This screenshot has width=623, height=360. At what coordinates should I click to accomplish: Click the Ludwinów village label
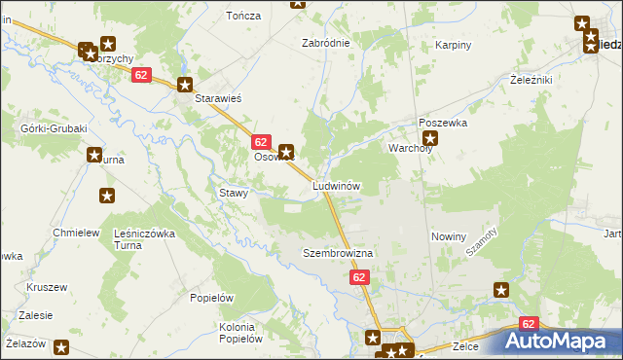[337, 185]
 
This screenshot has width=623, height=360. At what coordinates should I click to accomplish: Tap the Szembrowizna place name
[338, 253]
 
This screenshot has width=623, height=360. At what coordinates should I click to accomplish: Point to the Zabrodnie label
[325, 44]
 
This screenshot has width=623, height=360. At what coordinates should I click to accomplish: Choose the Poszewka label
[443, 124]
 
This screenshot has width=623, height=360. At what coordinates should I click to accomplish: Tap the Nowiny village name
[449, 236]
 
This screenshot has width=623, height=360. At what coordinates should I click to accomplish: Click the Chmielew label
[77, 234]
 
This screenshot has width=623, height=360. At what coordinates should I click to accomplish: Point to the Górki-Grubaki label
[54, 128]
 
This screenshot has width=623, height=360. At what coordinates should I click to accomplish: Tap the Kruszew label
[47, 288]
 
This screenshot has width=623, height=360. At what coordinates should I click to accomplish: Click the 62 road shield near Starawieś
[142, 75]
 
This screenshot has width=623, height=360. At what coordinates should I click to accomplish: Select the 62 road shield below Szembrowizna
[360, 278]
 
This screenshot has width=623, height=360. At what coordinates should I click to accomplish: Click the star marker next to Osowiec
[286, 152]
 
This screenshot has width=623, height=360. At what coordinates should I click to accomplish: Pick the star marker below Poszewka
[431, 138]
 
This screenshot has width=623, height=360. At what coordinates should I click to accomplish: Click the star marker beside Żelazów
[61, 346]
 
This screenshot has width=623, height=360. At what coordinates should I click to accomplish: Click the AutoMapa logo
[563, 342]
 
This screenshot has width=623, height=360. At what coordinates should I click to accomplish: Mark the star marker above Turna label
[94, 154]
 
